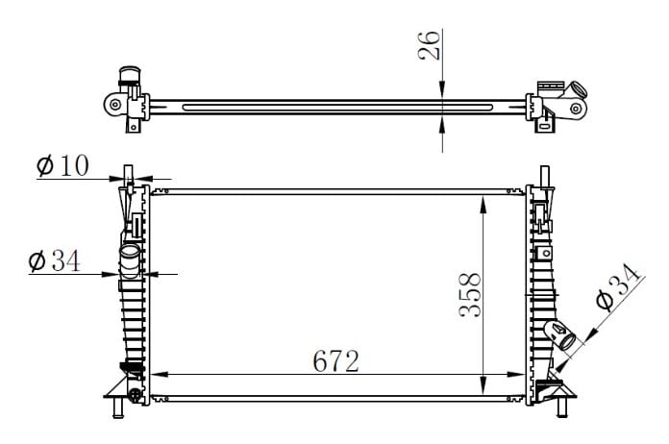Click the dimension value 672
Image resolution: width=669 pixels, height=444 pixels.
point(336,361)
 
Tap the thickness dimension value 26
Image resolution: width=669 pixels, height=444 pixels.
point(430,45)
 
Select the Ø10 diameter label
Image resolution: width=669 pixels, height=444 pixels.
point(63,166)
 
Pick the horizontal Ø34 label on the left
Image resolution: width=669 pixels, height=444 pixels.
point(55,259)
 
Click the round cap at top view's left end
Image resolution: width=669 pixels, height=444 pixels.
point(127,76)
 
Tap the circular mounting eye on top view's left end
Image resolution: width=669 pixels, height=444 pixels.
point(115,104)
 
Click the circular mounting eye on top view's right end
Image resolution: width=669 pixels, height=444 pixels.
point(576,108)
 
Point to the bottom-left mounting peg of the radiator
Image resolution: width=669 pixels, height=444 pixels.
point(117,411)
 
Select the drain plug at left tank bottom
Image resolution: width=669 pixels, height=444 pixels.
point(134,394)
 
